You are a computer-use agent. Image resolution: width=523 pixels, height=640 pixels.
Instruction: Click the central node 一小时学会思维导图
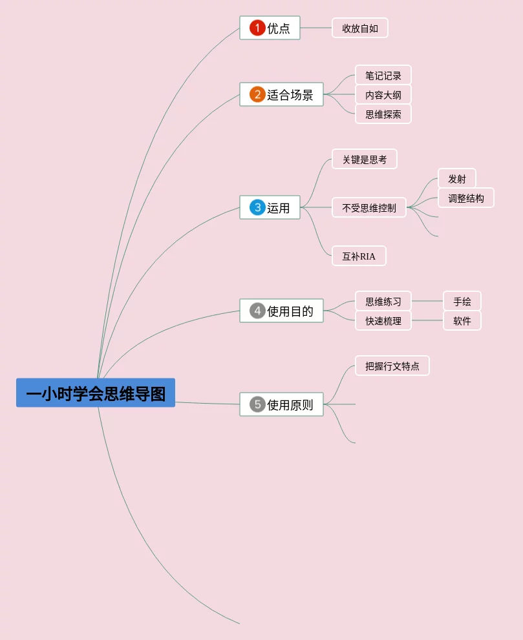(96, 393)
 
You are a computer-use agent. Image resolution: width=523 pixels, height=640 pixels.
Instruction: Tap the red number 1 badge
(257, 28)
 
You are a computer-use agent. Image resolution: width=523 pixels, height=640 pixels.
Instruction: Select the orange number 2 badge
(257, 94)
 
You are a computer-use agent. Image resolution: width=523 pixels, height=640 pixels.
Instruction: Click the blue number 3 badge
(257, 207)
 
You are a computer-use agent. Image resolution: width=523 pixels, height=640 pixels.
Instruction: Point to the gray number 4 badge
(257, 311)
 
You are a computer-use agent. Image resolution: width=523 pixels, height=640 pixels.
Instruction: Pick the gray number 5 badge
(257, 404)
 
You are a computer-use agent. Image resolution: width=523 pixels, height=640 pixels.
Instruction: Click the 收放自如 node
(360, 28)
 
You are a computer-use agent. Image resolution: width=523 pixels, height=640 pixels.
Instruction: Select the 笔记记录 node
(383, 75)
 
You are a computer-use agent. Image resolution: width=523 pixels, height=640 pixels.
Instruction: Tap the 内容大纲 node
(383, 94)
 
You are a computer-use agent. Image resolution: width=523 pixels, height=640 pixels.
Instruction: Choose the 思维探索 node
(383, 114)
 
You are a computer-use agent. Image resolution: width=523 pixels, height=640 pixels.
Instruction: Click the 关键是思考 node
(365, 159)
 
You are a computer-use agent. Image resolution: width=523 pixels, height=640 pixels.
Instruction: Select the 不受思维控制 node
(369, 207)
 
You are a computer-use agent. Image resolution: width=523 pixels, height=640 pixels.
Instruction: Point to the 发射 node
(457, 178)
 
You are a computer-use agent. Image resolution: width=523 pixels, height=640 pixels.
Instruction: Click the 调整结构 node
(466, 198)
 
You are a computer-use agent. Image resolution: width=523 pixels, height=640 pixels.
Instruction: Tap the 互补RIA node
(359, 256)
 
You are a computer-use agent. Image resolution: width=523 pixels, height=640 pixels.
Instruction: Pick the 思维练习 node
(383, 301)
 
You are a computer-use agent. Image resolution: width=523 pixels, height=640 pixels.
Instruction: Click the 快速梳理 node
(383, 320)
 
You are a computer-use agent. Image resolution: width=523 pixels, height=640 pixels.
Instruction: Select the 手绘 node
(462, 301)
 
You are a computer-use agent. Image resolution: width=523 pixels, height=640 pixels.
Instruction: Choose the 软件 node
(462, 320)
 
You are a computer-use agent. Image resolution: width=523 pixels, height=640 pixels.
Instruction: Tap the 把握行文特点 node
(392, 366)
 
